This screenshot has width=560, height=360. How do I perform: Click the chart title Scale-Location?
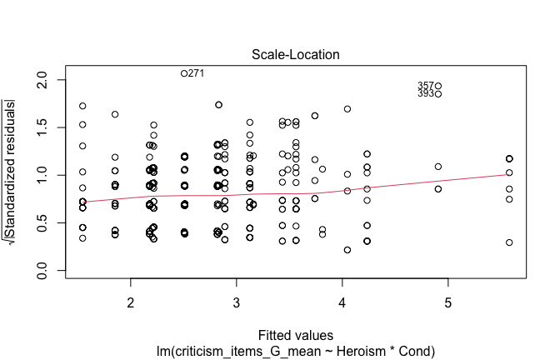coord(297,54)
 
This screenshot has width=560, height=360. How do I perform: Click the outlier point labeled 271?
coord(184,73)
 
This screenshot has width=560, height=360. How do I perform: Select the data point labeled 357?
coord(437,86)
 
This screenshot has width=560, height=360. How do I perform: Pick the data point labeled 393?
coord(437,94)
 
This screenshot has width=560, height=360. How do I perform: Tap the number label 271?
coord(196,73)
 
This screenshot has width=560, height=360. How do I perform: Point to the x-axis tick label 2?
coord(131,300)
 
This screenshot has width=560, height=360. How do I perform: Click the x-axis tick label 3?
coord(237,300)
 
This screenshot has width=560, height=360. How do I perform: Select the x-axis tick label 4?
coord(342,300)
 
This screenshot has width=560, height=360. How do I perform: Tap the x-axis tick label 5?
coord(448,300)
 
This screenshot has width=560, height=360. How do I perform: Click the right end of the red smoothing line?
coord(509,175)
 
